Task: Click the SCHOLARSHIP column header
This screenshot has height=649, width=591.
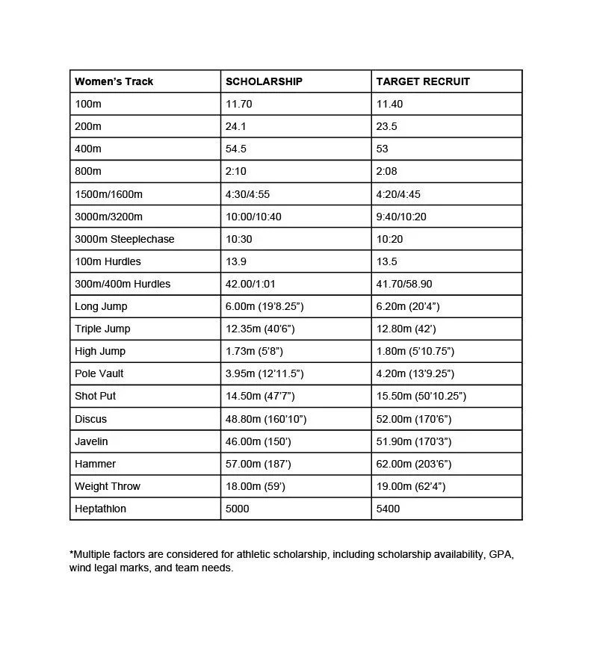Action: pos(264,81)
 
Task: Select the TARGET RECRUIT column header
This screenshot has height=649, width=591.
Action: pos(423,81)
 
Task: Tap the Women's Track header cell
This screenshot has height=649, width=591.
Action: pos(114,81)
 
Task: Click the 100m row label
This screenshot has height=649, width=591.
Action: pos(88,104)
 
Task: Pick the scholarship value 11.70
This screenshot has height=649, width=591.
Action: pos(239,104)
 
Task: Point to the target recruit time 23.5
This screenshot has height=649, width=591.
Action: pos(386,126)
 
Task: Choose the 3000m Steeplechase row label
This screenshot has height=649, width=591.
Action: pos(124,239)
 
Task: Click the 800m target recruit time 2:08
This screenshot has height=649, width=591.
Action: pos(386,171)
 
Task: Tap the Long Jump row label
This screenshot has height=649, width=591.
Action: pos(101,306)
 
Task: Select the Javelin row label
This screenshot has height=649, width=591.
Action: pos(91,441)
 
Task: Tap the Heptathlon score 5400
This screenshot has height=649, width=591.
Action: pos(388,509)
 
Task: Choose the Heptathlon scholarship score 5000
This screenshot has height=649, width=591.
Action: pos(237,509)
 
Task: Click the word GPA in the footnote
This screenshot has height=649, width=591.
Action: pos(501,554)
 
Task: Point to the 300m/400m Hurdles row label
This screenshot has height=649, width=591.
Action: pos(123,284)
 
